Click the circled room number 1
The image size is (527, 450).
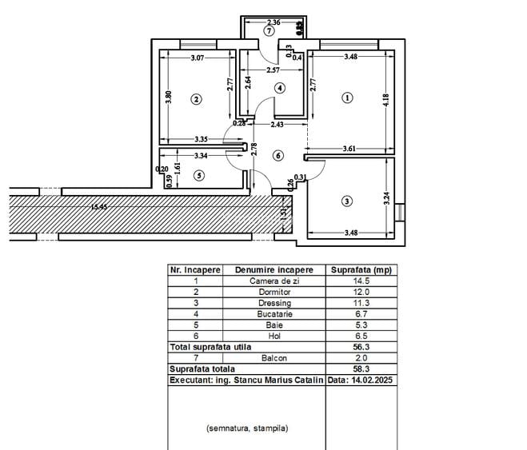(x=346, y=98)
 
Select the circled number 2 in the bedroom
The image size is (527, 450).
(x=196, y=100)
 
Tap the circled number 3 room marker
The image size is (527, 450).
(x=346, y=201)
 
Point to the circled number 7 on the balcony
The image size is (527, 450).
(x=269, y=31)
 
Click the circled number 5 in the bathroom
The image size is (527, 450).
(x=199, y=174)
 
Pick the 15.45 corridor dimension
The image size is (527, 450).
(x=99, y=208)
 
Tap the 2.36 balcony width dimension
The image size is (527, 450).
(x=273, y=22)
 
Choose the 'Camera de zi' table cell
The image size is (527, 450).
(x=274, y=281)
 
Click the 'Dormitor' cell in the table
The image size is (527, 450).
(x=274, y=293)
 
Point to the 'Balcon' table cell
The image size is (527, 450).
(x=274, y=359)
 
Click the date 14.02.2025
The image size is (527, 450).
(x=361, y=381)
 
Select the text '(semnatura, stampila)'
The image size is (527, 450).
(x=246, y=428)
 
